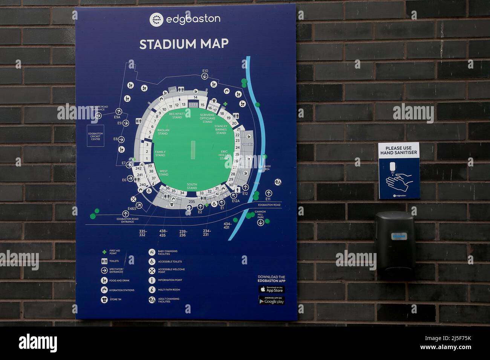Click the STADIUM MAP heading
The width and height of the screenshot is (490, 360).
click(x=184, y=44)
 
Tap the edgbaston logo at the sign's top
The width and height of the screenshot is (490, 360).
click(x=185, y=20)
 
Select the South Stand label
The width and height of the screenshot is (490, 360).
click(x=192, y=186)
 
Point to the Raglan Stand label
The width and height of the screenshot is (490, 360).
click(x=163, y=132)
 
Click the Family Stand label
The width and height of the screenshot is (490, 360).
click(x=160, y=153)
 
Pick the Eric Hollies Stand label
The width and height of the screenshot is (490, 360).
click(x=225, y=154)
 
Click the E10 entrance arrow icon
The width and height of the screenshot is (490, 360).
click(x=205, y=76)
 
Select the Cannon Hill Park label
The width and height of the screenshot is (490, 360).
click(x=260, y=214)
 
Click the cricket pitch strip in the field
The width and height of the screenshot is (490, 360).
click(x=193, y=150)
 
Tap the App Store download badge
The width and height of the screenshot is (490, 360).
click(x=271, y=289)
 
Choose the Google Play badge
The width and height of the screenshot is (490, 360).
click(x=271, y=301)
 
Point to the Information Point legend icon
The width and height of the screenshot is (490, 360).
click(x=152, y=280)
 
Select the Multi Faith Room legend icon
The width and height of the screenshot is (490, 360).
click(x=152, y=290)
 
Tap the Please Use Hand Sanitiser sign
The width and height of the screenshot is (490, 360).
click(x=399, y=171)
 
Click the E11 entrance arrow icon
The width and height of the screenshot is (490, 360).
click(x=268, y=193)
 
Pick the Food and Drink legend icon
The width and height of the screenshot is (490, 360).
click(x=104, y=281)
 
